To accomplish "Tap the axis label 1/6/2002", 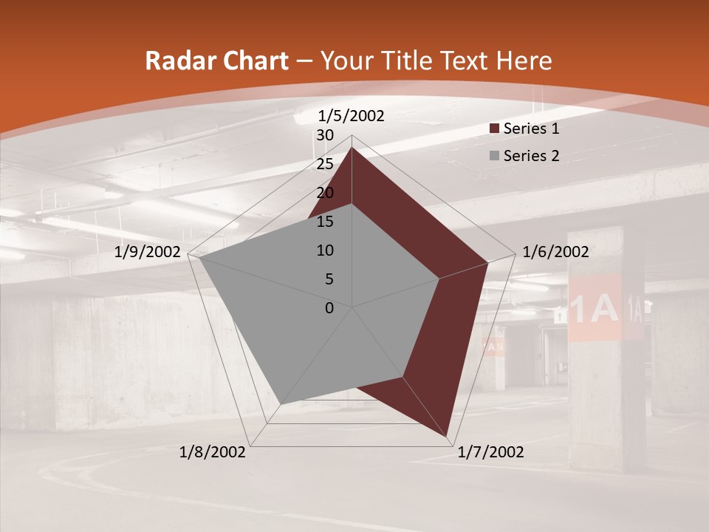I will click(x=555, y=252).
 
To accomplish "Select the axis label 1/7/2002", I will click(x=490, y=452).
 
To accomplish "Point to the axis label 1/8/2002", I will click(x=213, y=452).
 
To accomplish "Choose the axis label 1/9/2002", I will click(x=148, y=252).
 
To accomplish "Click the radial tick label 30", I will click(x=325, y=135).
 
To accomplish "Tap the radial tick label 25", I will click(x=325, y=164).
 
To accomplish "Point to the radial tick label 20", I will click(x=325, y=193).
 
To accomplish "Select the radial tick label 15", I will click(x=325, y=222).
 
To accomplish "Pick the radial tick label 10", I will click(x=325, y=250).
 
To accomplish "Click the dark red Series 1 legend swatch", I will click(x=494, y=129).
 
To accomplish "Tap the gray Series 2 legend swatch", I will click(x=494, y=156).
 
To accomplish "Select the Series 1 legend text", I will click(x=531, y=129).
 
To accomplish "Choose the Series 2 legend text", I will click(x=531, y=156).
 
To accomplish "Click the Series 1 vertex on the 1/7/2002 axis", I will click(x=448, y=436).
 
